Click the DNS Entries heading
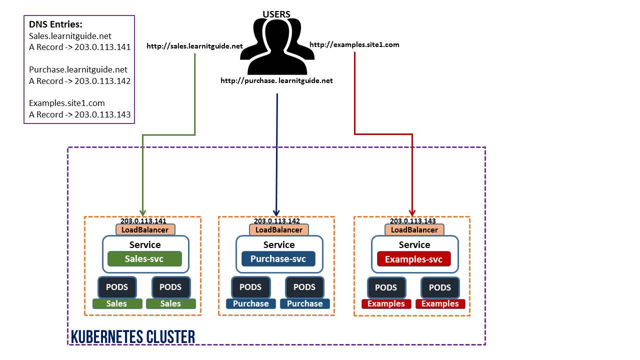coord(55,25)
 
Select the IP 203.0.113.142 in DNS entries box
coord(102,81)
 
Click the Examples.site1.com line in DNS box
coord(66,103)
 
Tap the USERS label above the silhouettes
coord(276,14)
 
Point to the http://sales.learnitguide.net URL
coord(194,46)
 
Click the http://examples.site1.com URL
coord(354,45)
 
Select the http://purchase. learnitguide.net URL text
coord(276,80)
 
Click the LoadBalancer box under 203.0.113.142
coord(279,230)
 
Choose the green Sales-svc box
coord(144,259)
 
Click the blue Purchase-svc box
coord(278,259)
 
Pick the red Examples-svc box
coord(413,259)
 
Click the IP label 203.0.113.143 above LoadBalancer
coord(412,221)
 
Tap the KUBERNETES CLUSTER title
coord(132,336)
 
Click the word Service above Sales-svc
coord(145,245)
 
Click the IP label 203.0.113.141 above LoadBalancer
coord(143,221)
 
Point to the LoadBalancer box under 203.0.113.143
coord(414,230)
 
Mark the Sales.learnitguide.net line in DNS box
coord(70,36)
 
